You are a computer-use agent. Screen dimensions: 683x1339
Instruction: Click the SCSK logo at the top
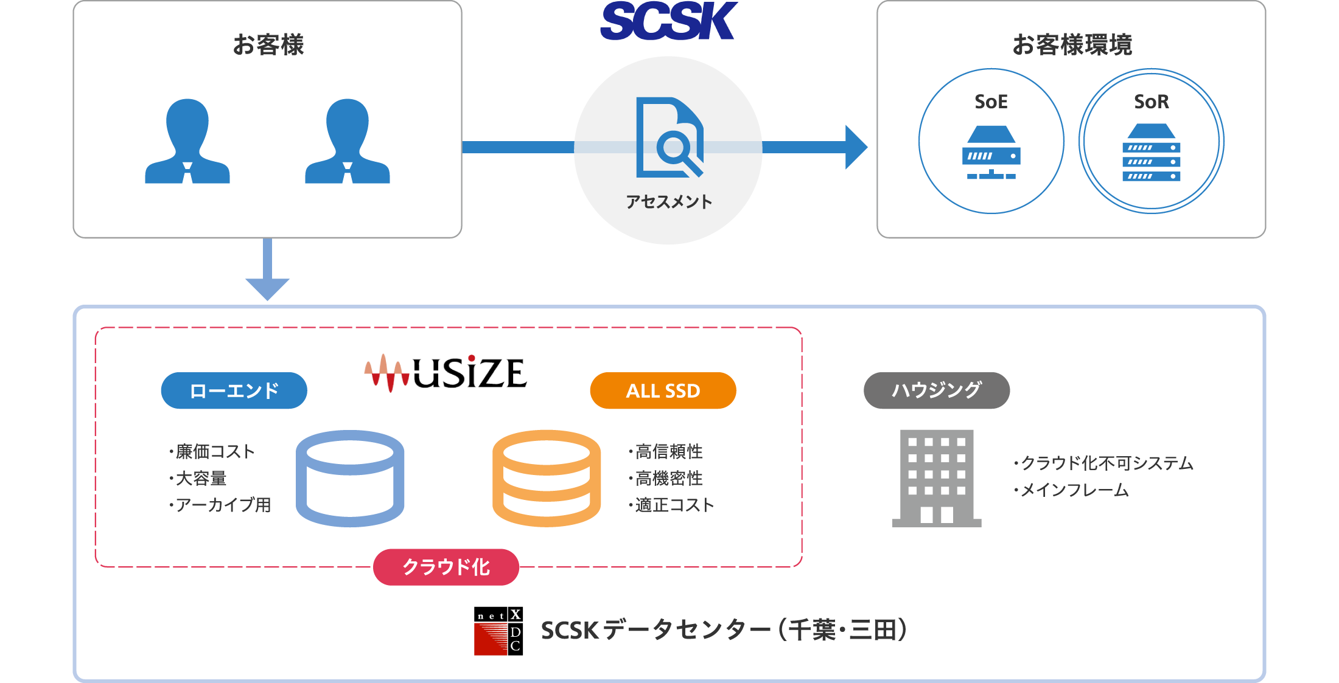click(668, 21)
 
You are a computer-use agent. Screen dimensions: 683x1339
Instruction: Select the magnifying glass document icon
click(669, 138)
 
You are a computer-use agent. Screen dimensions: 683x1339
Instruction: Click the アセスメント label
click(669, 202)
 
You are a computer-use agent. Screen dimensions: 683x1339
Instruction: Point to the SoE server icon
click(991, 153)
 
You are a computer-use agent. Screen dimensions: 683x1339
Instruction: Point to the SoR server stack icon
click(1151, 153)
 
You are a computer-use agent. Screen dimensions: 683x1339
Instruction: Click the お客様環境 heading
click(1071, 45)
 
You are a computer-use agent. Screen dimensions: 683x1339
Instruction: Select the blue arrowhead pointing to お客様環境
click(855, 147)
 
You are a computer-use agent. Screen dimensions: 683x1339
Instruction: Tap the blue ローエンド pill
click(234, 390)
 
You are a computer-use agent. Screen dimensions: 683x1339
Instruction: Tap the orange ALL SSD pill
click(663, 390)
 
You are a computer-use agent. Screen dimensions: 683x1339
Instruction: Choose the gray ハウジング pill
click(936, 390)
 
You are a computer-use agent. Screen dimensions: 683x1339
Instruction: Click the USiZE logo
click(446, 372)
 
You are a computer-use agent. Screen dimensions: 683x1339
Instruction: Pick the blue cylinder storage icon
click(350, 478)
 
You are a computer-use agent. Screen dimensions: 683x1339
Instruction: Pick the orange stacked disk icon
click(546, 478)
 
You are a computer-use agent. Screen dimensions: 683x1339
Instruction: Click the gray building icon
click(936, 478)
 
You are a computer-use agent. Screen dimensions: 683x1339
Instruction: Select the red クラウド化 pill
click(446, 567)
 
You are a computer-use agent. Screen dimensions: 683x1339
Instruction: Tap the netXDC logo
click(498, 631)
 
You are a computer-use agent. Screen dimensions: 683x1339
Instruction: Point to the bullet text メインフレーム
click(1074, 490)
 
